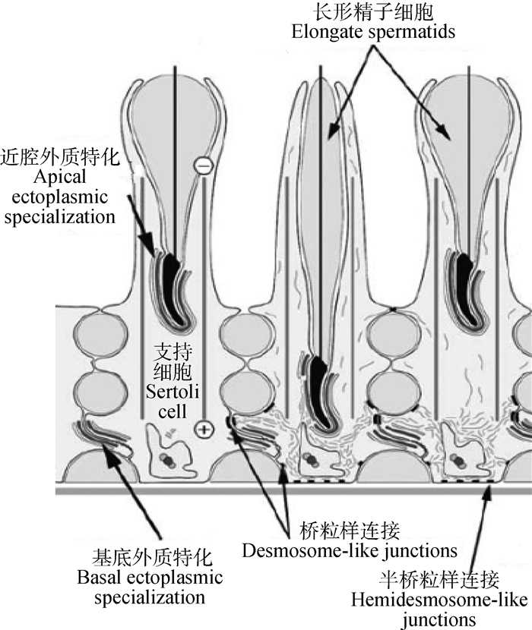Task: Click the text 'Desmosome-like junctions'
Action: (350, 550)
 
